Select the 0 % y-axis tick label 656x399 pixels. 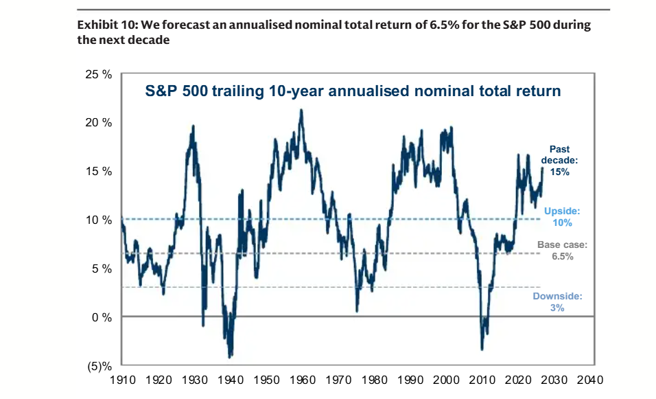[102, 317]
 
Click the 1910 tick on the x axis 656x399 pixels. [121, 379]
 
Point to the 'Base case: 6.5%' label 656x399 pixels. [561, 250]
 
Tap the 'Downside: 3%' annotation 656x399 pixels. [557, 302]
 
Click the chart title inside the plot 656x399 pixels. [353, 91]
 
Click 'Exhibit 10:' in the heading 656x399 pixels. [106, 25]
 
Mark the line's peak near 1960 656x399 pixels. [301, 110]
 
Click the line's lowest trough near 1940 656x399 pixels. [230, 356]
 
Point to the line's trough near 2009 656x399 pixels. [482, 350]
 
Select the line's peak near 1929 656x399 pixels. [193, 126]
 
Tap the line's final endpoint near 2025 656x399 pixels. [542, 168]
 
